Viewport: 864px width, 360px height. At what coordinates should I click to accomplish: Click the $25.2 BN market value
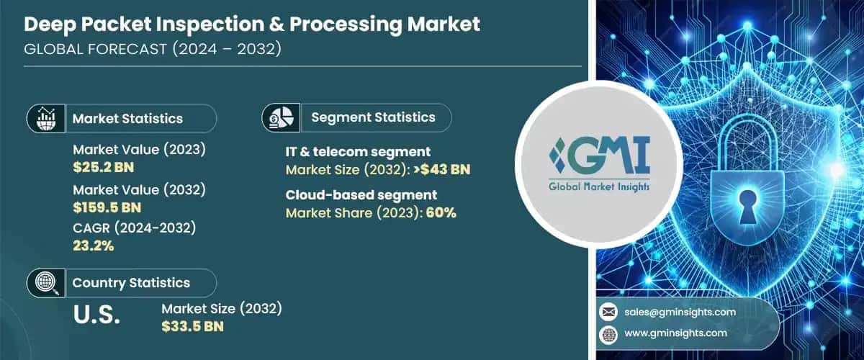click(x=103, y=168)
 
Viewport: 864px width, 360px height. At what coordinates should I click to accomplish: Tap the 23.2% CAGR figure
click(x=94, y=246)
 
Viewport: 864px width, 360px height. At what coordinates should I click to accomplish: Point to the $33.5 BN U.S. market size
click(x=192, y=326)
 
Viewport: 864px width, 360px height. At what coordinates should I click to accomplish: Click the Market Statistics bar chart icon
click(x=46, y=118)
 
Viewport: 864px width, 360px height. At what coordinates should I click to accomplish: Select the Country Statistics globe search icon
click(x=46, y=282)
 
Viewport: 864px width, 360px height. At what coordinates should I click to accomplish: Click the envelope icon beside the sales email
click(x=607, y=312)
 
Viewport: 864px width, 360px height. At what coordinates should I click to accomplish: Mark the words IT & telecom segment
click(x=359, y=152)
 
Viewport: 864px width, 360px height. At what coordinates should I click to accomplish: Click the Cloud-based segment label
click(x=361, y=195)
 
